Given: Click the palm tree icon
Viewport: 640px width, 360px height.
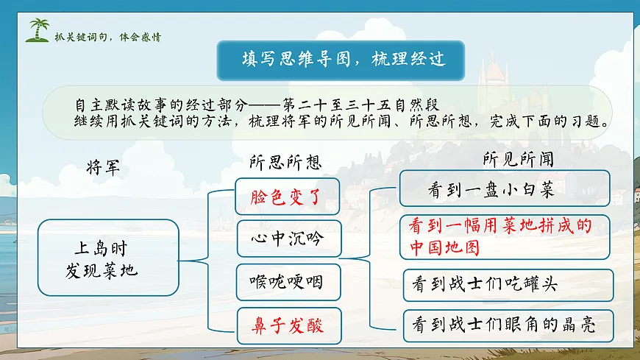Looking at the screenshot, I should coord(38,31).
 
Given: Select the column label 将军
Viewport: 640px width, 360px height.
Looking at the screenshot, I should coord(103,166).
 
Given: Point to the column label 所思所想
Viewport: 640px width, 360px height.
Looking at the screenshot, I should coord(285,162).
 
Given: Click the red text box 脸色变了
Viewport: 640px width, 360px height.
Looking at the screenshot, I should coord(279,197).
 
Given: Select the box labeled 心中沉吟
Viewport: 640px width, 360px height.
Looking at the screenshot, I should coord(279,239).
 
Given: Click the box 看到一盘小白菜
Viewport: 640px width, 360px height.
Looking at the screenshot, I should coord(505,189).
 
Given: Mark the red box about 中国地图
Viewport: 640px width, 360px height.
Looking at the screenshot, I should coord(505,236).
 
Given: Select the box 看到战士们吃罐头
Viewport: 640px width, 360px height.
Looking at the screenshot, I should coord(508,284).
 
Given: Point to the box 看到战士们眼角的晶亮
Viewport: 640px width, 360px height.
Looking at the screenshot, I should coord(508,325).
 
